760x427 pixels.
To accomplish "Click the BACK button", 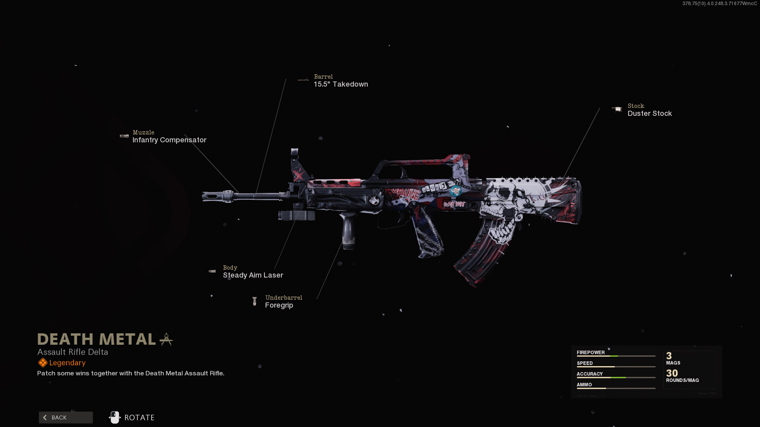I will tap(66, 418).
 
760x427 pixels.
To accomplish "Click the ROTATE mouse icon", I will tap(115, 418).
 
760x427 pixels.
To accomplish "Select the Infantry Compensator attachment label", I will tap(169, 140).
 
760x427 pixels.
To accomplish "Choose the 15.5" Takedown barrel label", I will tap(341, 84).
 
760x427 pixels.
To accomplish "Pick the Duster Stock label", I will tap(650, 113).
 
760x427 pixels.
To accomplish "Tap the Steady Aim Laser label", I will tap(253, 275).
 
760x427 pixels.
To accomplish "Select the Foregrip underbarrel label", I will tap(279, 305).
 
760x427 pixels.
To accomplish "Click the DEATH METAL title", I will tap(97, 339).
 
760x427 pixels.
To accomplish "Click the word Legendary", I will tap(67, 363).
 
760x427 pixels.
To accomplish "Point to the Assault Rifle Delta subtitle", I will tap(72, 352).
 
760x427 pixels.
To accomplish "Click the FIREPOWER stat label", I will tap(591, 353).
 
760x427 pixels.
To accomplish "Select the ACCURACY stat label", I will tap(589, 374).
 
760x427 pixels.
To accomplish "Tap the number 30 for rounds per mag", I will tap(672, 373).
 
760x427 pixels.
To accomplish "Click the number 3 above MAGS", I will tap(669, 356).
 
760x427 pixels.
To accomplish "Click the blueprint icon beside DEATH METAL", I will tap(166, 339).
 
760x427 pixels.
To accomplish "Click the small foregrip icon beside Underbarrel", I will tap(255, 302).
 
